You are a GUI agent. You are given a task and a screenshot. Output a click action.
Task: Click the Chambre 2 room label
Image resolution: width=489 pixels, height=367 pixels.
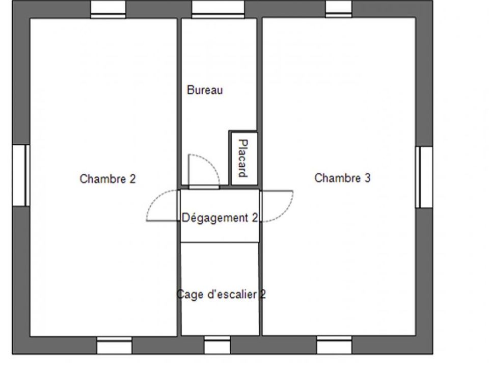tap(107, 179)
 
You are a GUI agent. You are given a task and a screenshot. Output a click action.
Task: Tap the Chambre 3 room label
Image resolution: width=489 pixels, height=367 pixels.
tap(342, 178)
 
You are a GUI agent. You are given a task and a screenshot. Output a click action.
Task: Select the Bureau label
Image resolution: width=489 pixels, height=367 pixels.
tap(205, 90)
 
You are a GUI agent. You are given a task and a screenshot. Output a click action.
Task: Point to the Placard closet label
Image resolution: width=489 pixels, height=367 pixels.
tap(242, 158)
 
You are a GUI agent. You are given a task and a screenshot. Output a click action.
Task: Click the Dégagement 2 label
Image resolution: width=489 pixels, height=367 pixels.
tap(220, 218)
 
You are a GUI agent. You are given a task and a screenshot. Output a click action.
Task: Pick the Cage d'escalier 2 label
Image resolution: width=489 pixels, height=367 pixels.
tap(221, 294)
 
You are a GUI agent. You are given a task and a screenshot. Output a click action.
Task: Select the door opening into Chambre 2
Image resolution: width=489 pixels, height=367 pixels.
tap(162, 205)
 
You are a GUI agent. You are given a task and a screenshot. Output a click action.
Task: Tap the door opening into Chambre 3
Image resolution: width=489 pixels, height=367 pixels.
tap(277, 206)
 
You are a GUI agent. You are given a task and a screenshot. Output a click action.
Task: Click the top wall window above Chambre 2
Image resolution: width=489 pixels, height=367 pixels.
tap(108, 9)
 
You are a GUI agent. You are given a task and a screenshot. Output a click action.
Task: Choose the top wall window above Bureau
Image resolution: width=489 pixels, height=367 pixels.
tap(218, 9)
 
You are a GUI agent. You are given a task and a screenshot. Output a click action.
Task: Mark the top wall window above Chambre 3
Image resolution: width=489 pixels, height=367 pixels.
tap(339, 9)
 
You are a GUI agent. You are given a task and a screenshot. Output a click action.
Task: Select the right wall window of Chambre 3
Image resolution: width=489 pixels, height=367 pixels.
tap(424, 177)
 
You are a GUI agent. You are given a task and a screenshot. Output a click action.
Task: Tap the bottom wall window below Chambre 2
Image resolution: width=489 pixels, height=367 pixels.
tap(115, 345)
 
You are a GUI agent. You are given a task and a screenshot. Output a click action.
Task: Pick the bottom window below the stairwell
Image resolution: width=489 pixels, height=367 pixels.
tap(218, 345)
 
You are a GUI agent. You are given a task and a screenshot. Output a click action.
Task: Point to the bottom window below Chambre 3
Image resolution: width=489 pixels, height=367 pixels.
tap(334, 345)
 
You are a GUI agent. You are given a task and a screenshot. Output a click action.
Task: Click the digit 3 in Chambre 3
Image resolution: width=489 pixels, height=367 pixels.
tap(367, 178)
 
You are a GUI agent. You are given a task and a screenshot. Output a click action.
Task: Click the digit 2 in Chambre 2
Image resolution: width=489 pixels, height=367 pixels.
tap(132, 179)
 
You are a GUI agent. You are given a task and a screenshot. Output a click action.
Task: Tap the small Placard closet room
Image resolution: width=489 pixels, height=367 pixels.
tap(244, 158)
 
